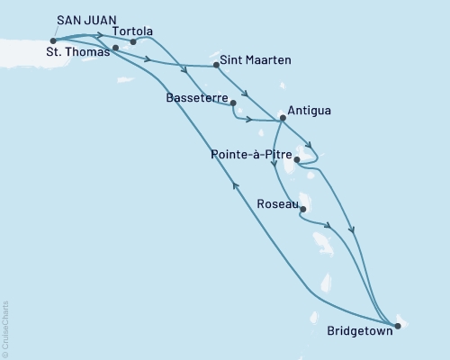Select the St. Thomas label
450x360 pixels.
[76, 51]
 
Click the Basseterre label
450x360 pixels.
[198, 96]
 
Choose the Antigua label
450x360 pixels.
[311, 111]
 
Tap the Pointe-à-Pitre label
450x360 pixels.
[249, 154]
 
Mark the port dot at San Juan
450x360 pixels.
[54, 40]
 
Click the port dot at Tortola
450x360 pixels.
[133, 41]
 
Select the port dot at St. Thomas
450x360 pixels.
[115, 48]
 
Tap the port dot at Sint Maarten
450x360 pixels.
[216, 65]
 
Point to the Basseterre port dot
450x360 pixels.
[232, 103]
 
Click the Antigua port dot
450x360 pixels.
[282, 118]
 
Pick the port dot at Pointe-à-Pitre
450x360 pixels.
[297, 161]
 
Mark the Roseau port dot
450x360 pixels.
[302, 210]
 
